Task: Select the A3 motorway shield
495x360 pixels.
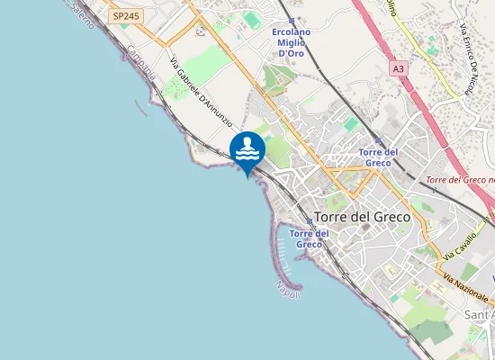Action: [398, 67]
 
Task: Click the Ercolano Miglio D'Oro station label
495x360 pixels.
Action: [291, 43]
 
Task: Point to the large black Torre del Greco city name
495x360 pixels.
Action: [362, 217]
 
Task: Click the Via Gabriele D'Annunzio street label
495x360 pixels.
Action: [202, 92]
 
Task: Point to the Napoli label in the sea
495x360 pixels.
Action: [288, 289]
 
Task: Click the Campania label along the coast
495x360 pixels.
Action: [142, 64]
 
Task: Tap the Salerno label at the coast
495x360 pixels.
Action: [78, 13]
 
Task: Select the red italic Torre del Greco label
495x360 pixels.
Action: [459, 180]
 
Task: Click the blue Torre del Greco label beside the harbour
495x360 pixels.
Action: [309, 238]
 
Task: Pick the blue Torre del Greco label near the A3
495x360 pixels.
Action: [378, 157]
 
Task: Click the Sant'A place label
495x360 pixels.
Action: [477, 315]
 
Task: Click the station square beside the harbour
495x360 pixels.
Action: [309, 220]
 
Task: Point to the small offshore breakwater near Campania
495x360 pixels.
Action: [141, 108]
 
